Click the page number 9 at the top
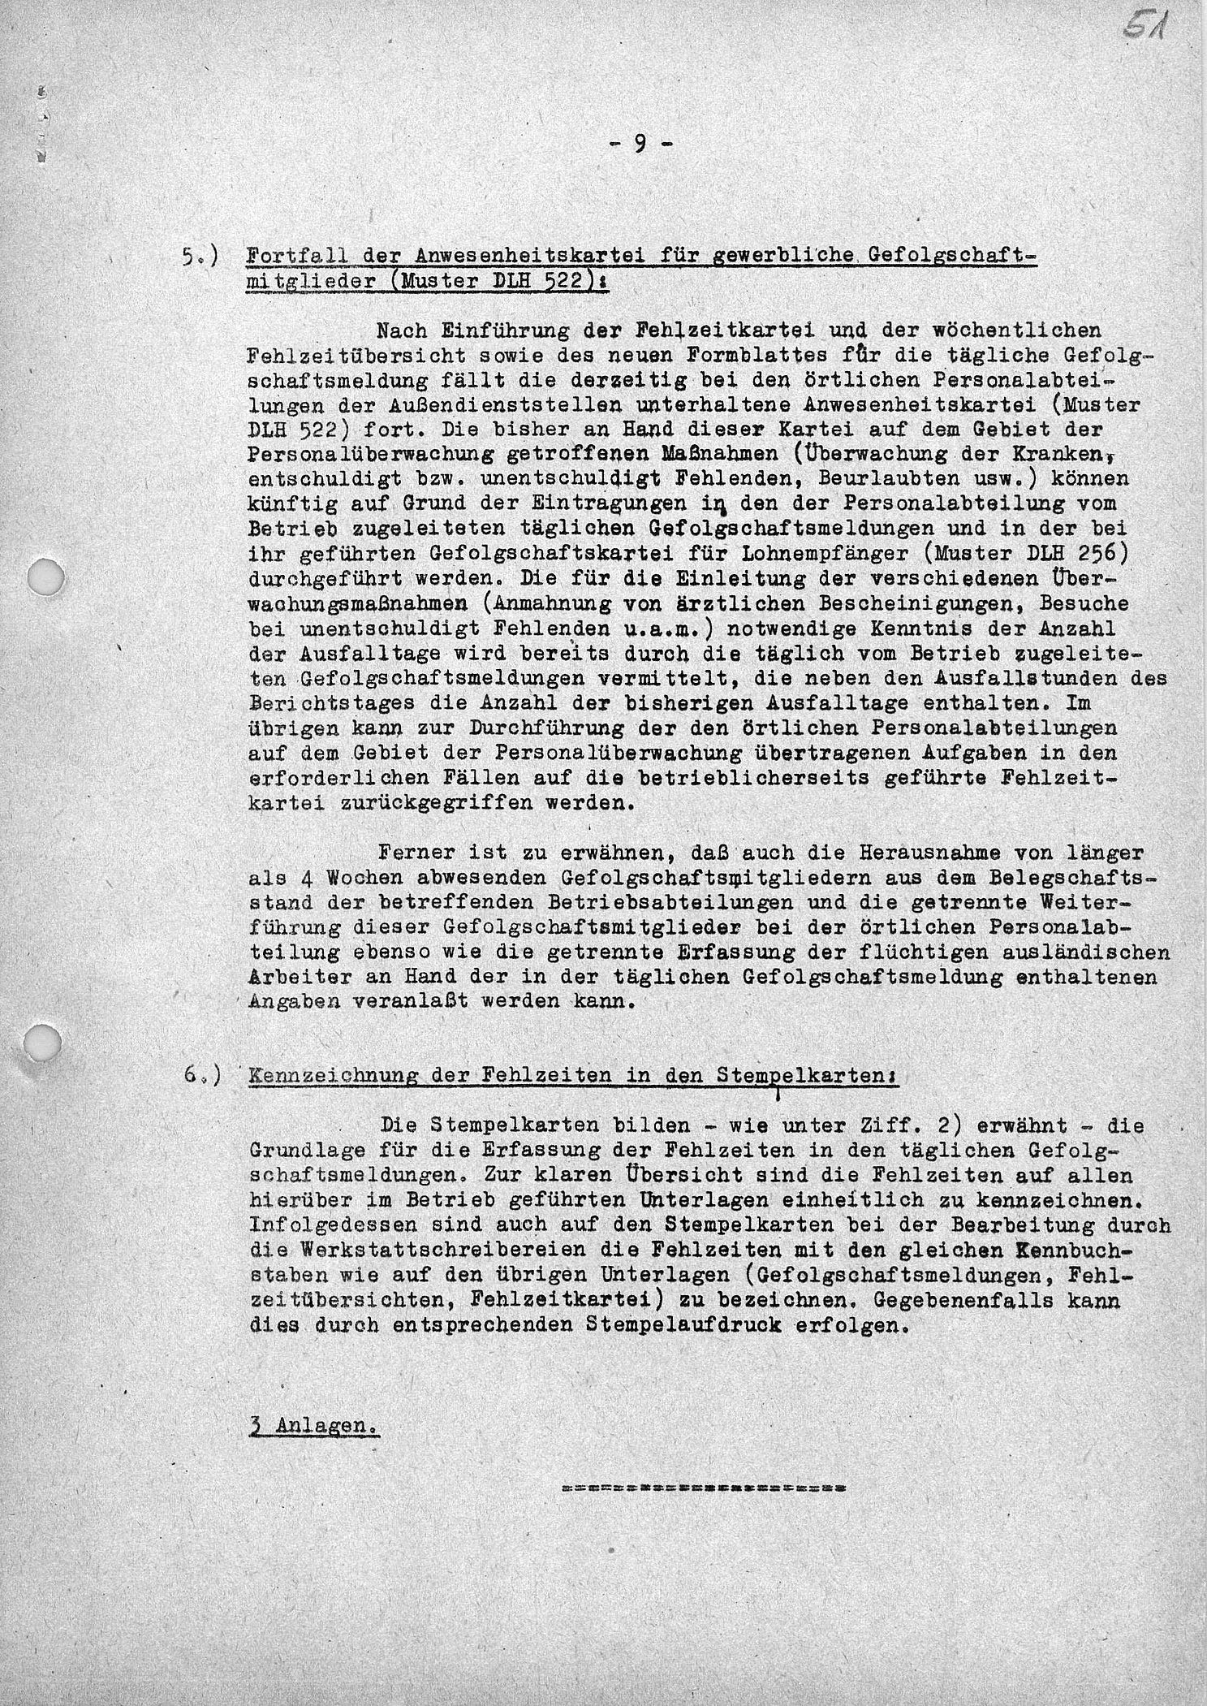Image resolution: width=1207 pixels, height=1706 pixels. coord(640,144)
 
